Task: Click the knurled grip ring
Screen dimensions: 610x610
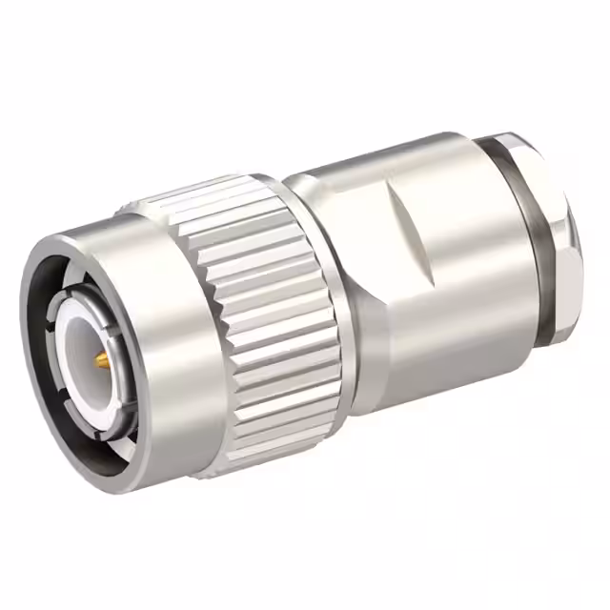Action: point(267,315)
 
